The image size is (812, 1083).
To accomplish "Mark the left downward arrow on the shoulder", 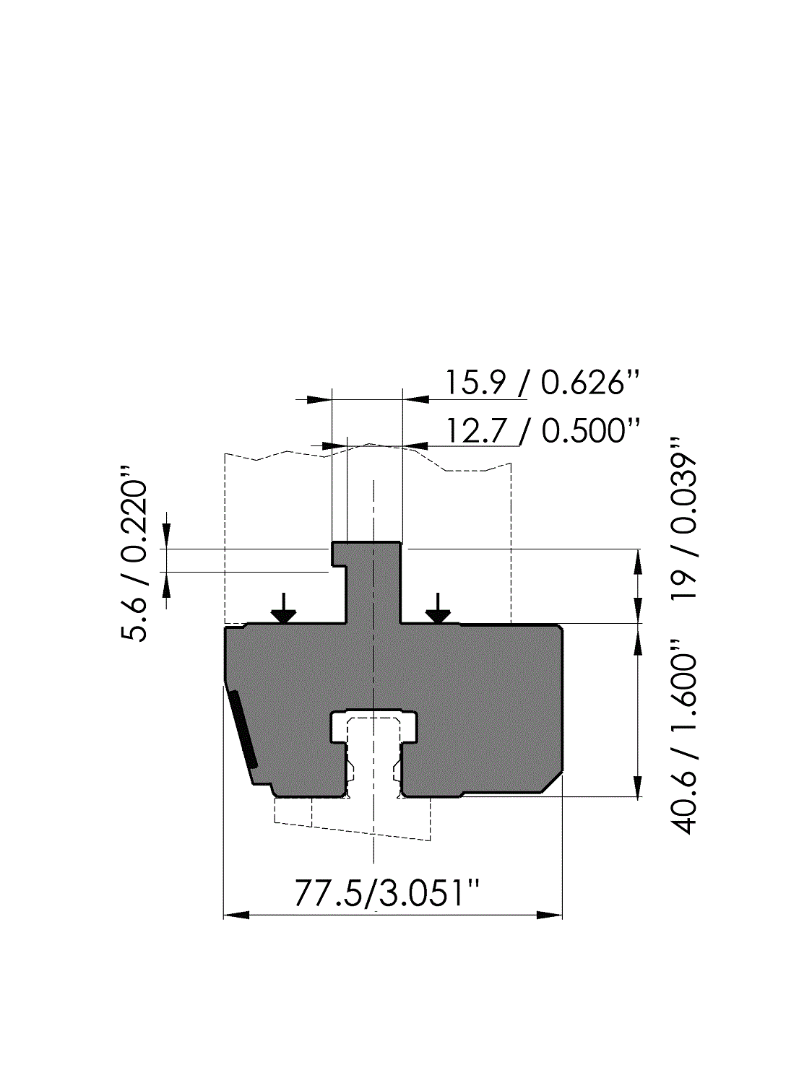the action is coord(283,608).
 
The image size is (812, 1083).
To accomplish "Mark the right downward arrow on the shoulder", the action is coord(438,608).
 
